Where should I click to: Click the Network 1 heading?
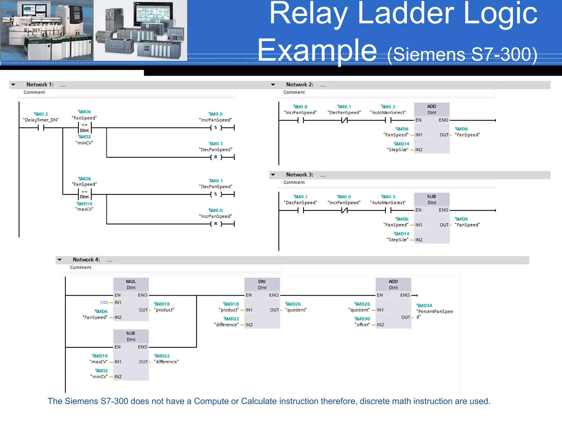click(40, 85)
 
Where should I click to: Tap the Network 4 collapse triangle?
click(60, 260)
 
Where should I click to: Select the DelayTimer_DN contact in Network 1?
click(41, 128)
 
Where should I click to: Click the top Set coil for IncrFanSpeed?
click(216, 127)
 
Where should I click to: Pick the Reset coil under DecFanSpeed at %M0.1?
click(216, 157)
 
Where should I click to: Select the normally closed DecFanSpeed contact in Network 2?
click(344, 120)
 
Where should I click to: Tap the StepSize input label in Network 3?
click(398, 240)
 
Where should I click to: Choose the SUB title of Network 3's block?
click(431, 197)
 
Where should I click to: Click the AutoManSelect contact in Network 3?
click(388, 210)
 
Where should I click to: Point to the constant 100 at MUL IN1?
click(104, 302)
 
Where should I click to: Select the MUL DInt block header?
click(131, 284)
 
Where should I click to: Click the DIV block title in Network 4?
click(262, 281)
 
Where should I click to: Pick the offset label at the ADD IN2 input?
click(363, 325)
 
